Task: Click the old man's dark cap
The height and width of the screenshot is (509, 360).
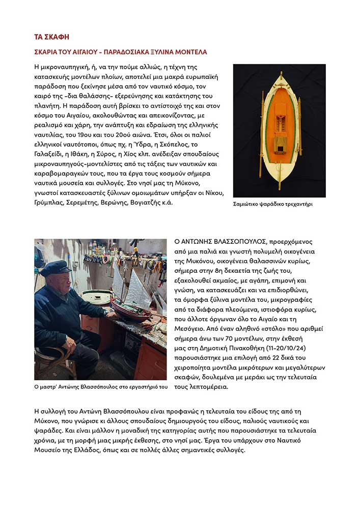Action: (56, 267)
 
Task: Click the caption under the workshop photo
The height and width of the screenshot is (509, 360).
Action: (101, 387)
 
